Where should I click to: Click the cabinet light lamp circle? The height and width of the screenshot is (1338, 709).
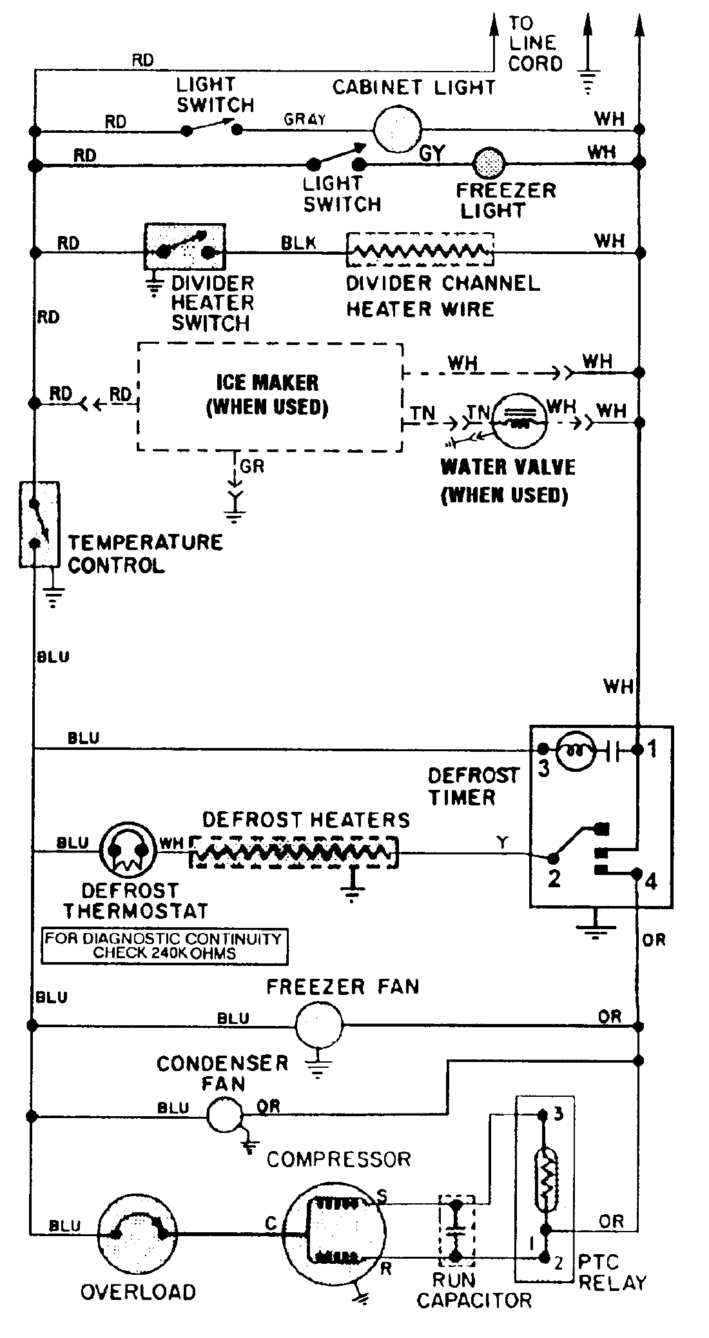[398, 129]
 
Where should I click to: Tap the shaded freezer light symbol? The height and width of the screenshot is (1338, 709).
[490, 164]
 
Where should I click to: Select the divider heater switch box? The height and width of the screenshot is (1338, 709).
[185, 247]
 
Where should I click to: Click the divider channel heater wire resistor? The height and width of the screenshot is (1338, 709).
[420, 250]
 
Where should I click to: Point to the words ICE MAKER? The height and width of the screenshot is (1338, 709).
[267, 382]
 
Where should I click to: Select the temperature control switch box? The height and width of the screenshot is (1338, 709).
[39, 524]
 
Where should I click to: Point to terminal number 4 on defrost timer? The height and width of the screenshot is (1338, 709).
[652, 881]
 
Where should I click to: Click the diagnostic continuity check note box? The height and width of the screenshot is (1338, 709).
[164, 947]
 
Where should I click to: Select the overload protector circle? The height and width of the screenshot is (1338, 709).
[138, 1235]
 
